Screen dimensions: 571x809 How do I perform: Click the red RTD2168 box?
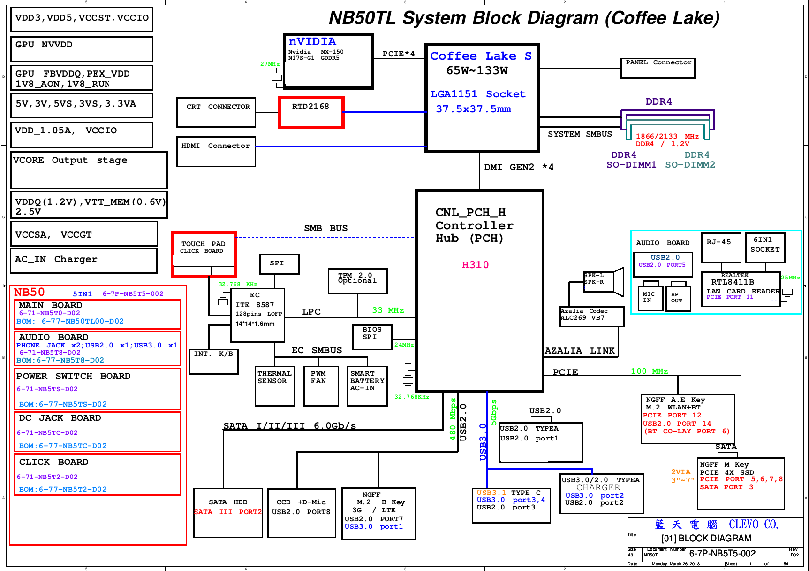(311, 112)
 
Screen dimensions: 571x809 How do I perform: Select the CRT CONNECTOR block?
(216, 112)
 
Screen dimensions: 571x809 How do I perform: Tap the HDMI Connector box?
(216, 151)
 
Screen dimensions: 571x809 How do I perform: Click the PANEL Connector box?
(658, 68)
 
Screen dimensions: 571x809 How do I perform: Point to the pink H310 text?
(475, 265)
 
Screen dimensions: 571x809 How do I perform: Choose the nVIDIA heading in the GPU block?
(312, 42)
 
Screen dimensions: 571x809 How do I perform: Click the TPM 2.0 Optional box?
(357, 280)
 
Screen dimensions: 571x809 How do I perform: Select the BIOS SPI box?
(372, 337)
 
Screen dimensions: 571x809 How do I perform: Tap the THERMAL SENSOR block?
(275, 386)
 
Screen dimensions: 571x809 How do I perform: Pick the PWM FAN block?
(321, 386)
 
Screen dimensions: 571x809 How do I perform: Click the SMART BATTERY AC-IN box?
(367, 386)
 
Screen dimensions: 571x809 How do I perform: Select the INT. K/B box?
(213, 361)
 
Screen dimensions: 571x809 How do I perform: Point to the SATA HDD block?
(228, 512)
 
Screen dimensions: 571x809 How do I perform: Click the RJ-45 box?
(721, 247)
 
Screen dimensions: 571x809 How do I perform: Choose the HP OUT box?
(678, 298)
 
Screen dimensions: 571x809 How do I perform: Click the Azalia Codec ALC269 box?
(592, 316)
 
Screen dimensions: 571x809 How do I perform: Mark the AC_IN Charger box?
(83, 260)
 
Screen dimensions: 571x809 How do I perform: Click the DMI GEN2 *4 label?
(519, 167)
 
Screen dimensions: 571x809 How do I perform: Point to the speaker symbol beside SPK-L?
(618, 281)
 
